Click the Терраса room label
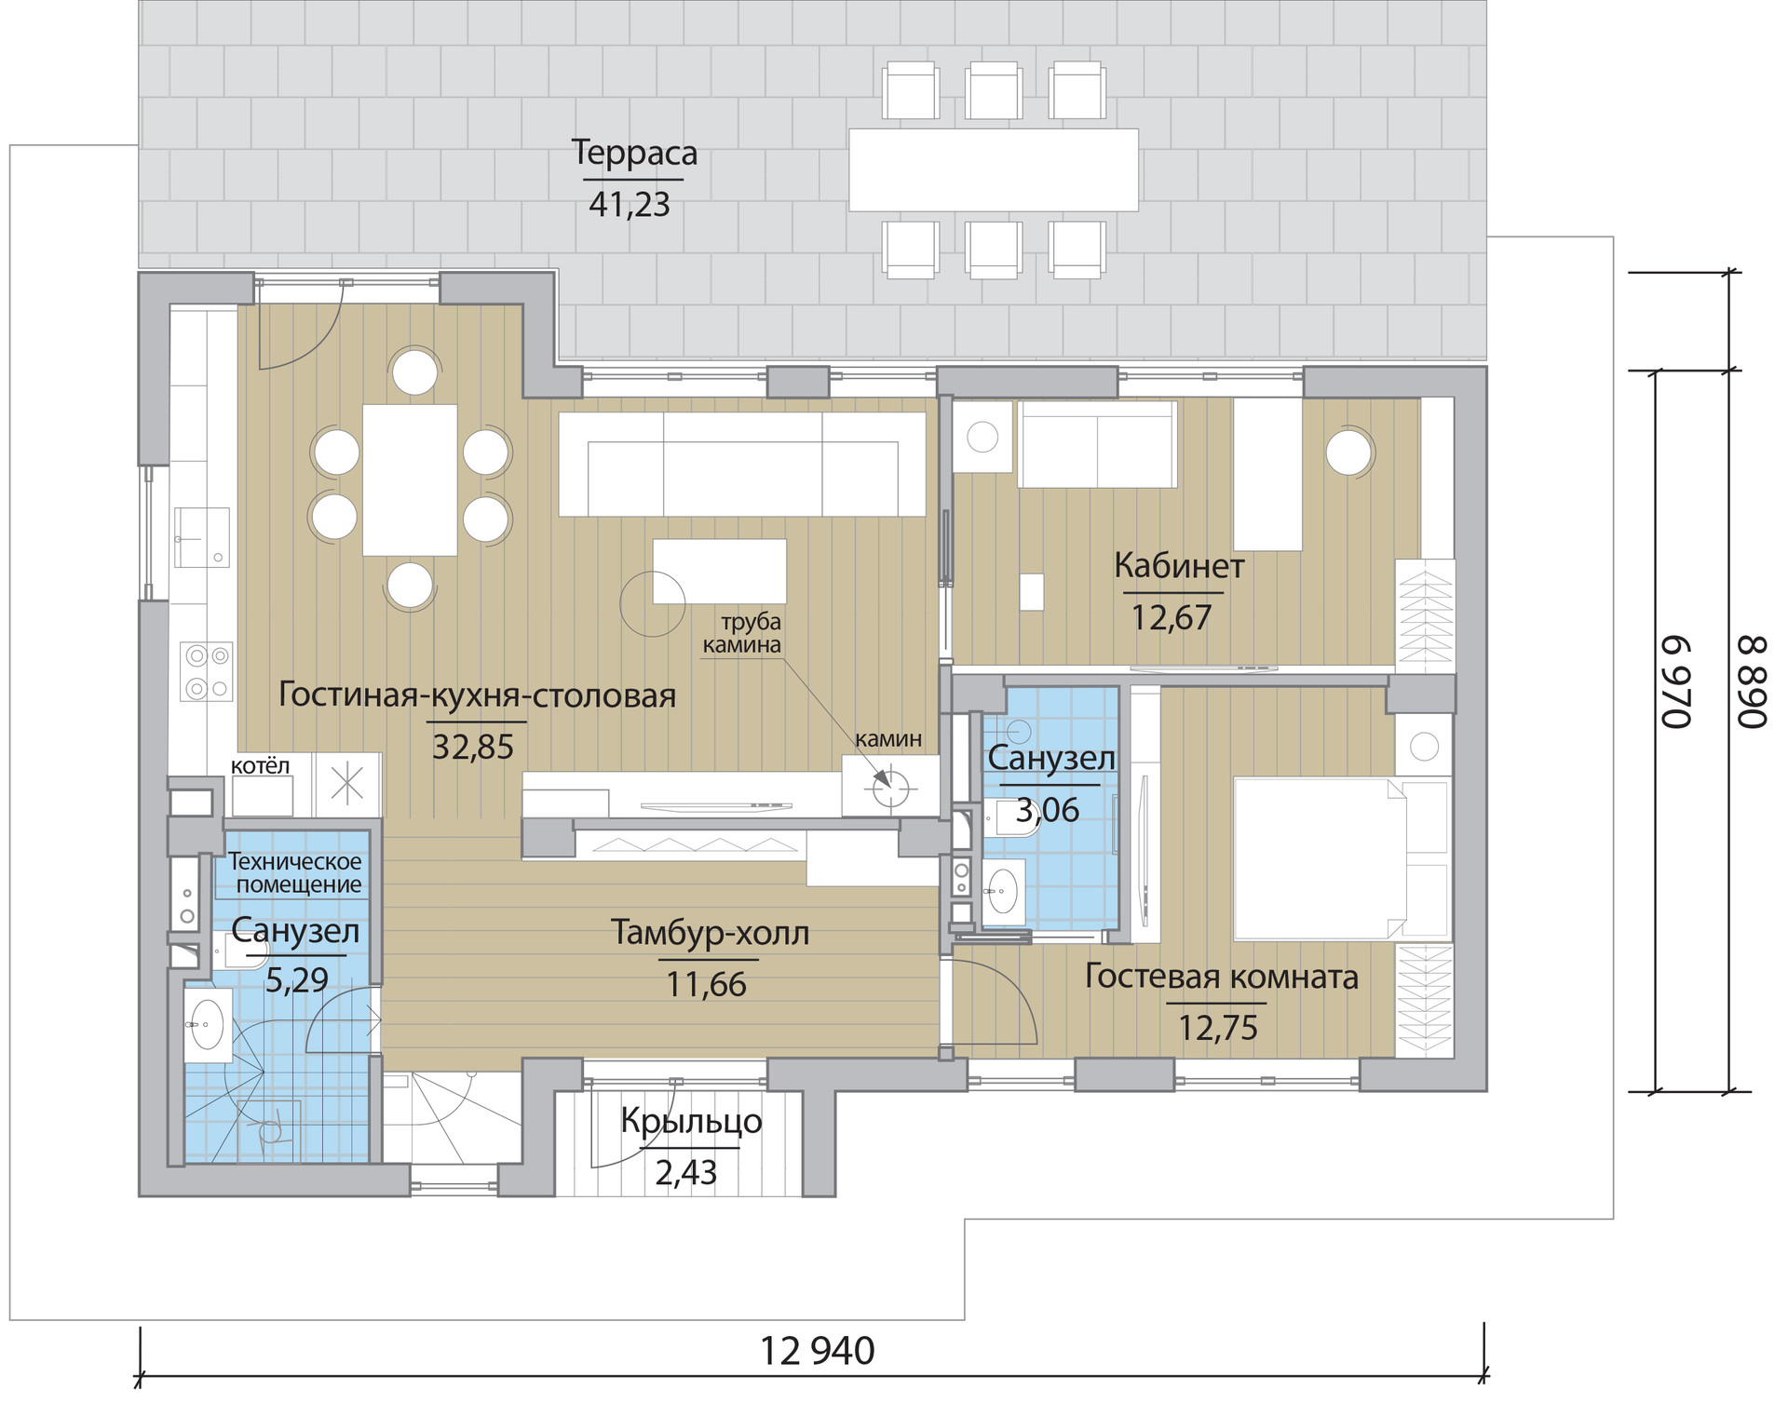click(x=634, y=153)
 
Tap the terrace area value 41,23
click(x=630, y=205)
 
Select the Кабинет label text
click(x=1179, y=566)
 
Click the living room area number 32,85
click(x=473, y=747)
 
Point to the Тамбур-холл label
click(x=710, y=932)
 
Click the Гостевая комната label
click(x=1221, y=977)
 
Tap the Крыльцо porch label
click(x=691, y=1122)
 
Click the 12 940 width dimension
click(x=818, y=1352)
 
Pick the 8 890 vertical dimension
click(x=1752, y=682)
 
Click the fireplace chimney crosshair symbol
click(x=889, y=789)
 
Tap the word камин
click(x=888, y=739)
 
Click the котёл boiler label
click(x=260, y=766)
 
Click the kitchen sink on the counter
click(x=202, y=538)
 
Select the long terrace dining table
click(x=994, y=170)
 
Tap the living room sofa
click(x=742, y=464)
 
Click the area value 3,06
click(x=1048, y=811)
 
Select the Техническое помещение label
click(x=295, y=873)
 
